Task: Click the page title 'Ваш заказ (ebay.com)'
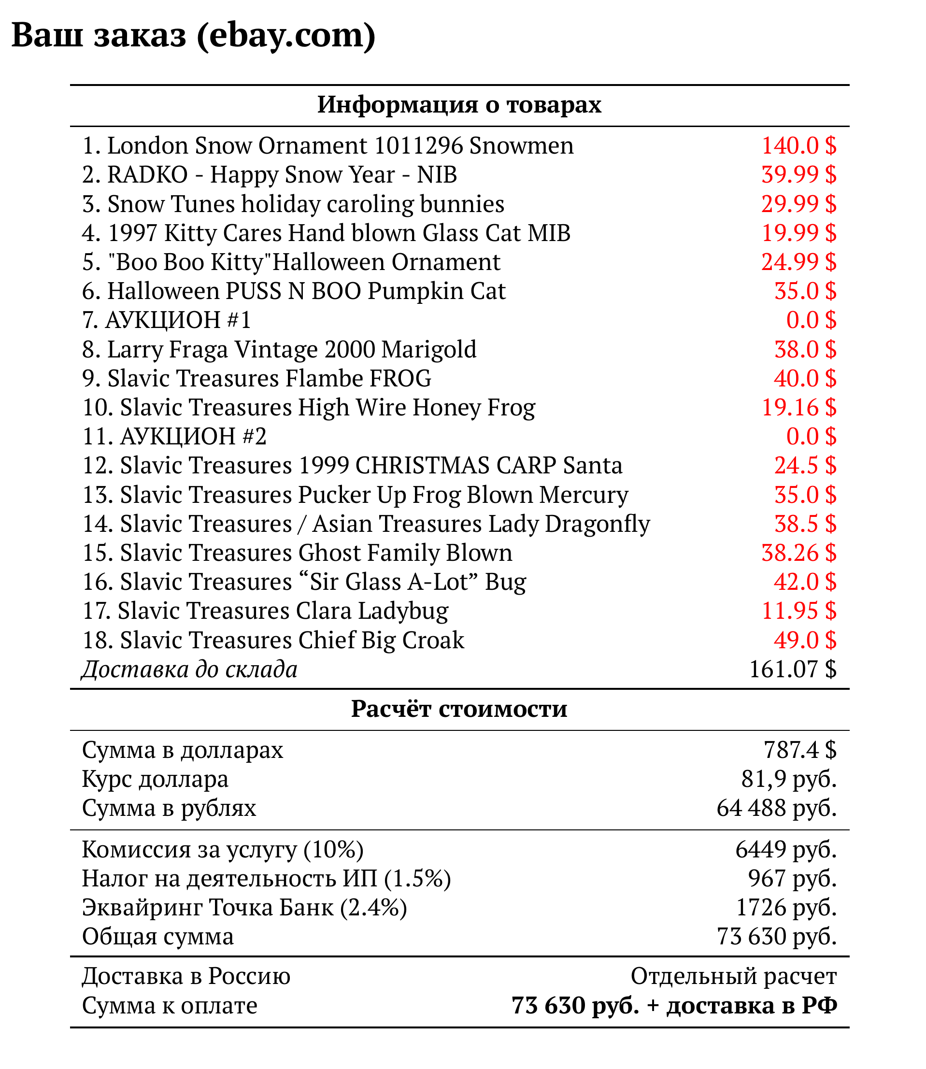click(x=193, y=36)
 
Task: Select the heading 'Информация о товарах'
click(x=459, y=105)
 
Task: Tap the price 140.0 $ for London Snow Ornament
click(x=798, y=146)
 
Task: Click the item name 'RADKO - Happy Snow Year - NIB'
click(x=282, y=175)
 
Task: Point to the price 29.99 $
click(x=798, y=204)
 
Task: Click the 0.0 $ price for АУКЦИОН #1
click(x=811, y=320)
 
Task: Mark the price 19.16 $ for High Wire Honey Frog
click(x=798, y=408)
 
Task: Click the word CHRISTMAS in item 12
click(x=422, y=466)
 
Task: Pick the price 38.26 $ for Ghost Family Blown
click(x=798, y=553)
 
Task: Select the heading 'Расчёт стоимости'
click(x=459, y=709)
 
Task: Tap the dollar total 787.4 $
click(x=800, y=750)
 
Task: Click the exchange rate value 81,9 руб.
click(x=788, y=779)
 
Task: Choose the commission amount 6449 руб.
click(x=785, y=849)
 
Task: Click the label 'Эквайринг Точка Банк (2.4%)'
click(x=244, y=908)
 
